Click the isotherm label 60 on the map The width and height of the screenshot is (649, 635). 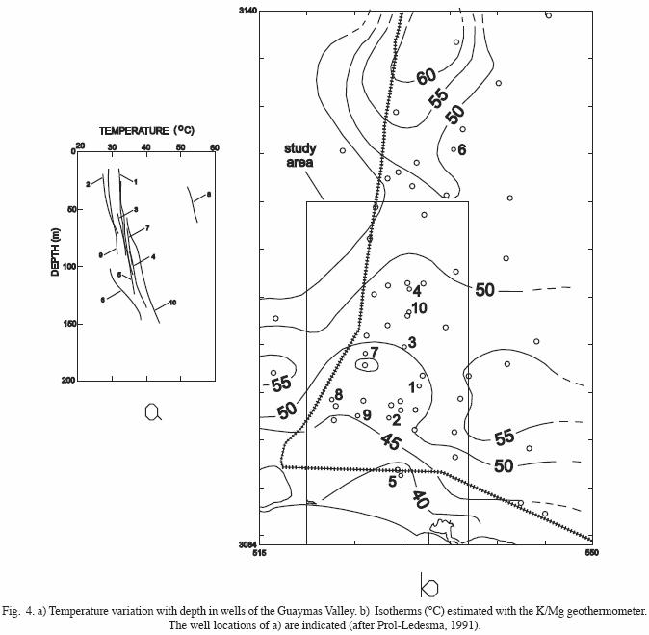427,76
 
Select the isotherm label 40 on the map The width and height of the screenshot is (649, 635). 420,499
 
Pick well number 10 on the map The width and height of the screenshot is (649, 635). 419,307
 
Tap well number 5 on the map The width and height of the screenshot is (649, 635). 392,482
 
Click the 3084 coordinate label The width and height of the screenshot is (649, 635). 247,544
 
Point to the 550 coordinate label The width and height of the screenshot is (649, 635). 591,553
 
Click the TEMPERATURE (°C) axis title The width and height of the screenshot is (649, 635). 147,130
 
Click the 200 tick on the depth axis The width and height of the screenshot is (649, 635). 68,381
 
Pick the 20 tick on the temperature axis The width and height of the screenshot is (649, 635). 81,146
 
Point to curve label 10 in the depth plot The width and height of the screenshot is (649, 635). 172,303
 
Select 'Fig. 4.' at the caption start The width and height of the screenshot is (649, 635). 17,610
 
